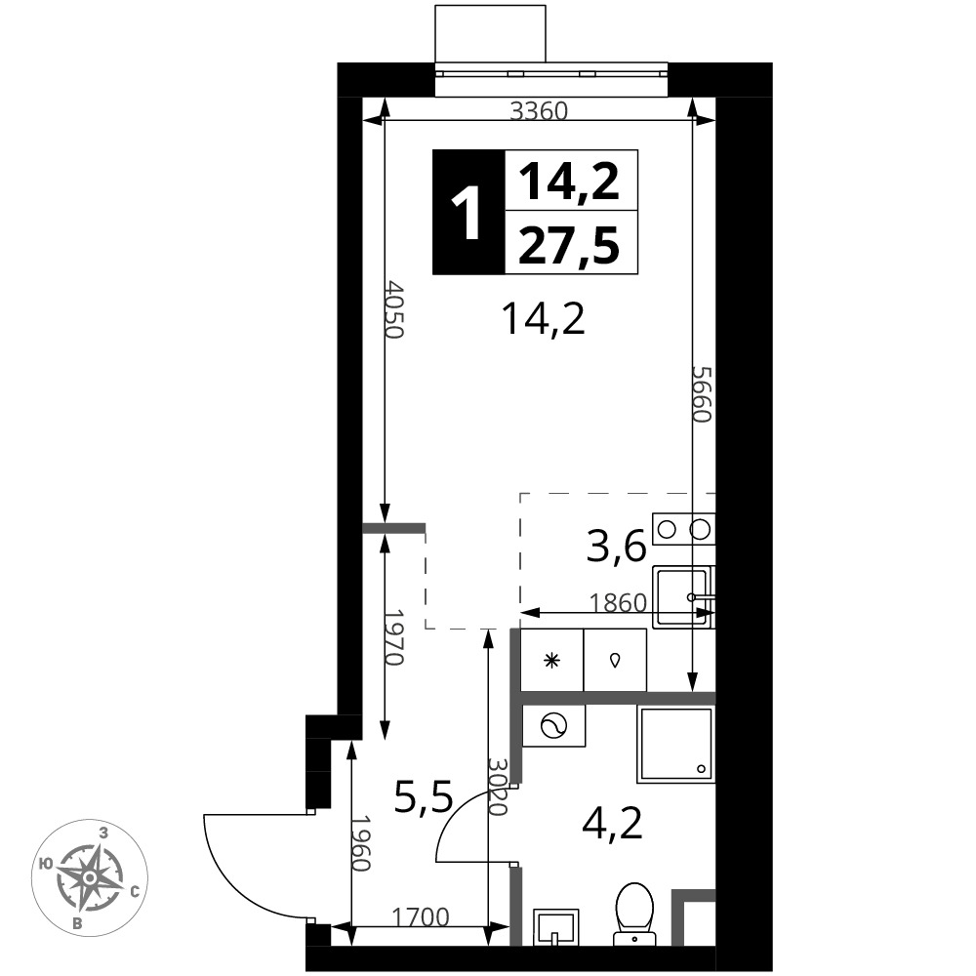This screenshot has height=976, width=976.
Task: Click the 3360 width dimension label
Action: [539, 111]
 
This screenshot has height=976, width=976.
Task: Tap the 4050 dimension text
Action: [394, 309]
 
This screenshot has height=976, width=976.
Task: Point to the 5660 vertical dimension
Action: [702, 394]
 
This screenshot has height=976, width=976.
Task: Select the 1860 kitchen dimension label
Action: [618, 602]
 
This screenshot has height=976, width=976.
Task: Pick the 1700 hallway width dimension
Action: [420, 916]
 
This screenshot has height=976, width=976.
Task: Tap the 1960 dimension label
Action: [361, 843]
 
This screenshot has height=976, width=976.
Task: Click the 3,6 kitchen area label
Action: [616, 549]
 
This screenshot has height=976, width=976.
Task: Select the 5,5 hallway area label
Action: [424, 797]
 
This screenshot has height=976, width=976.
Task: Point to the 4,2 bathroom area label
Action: [612, 824]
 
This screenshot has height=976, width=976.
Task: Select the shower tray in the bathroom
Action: [676, 745]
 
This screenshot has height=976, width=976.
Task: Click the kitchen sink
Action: [683, 597]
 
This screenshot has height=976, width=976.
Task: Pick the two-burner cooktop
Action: [683, 529]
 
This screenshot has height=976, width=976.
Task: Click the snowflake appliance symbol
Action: [551, 661]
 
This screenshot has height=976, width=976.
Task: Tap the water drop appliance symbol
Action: [615, 661]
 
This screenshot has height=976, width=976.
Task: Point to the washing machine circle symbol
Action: [553, 726]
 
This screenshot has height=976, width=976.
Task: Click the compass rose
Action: [90, 877]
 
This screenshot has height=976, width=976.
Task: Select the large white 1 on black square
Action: [468, 213]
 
